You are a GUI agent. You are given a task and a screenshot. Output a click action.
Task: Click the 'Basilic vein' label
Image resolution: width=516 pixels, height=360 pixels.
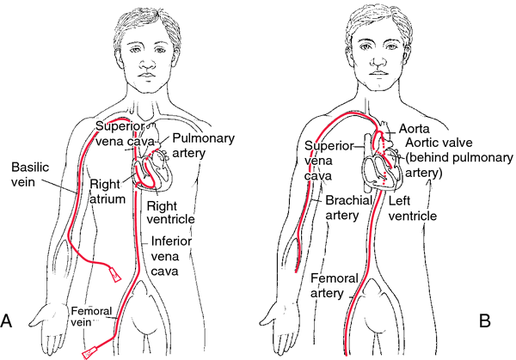point(30,174)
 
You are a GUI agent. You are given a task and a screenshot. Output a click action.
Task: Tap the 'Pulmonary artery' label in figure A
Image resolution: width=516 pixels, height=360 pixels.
point(203,145)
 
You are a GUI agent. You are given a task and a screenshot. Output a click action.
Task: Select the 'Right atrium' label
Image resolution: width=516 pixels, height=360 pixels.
point(107,192)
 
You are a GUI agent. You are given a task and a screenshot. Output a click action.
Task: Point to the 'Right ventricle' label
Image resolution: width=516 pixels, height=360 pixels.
point(170,212)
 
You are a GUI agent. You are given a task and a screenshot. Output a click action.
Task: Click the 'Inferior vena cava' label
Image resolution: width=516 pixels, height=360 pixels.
point(171,256)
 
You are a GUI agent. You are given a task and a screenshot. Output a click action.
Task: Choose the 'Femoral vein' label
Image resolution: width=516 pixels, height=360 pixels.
point(91,316)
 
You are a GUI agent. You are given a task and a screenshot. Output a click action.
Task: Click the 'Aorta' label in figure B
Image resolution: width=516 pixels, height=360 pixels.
point(414,129)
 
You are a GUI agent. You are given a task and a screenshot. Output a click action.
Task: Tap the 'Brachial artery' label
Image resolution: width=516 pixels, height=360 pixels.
point(348,207)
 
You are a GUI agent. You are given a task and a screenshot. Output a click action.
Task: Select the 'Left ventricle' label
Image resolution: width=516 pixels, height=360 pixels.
point(413,208)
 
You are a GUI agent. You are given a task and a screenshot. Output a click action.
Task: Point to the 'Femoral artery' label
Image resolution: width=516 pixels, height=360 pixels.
point(335,285)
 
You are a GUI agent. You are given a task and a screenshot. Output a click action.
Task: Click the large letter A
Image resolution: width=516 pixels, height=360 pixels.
point(6,320)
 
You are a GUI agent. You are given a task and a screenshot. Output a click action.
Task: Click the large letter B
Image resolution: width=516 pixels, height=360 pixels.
point(485,320)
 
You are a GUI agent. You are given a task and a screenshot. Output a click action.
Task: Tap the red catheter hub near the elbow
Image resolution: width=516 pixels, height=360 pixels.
point(114,273)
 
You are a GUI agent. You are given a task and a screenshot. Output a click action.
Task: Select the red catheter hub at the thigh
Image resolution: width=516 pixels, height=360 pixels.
point(89,351)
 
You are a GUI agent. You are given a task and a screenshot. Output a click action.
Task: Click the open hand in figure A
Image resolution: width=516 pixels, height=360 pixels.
point(47,324)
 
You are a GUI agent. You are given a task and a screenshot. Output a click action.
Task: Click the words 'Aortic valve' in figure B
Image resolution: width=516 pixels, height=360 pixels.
point(439,143)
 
